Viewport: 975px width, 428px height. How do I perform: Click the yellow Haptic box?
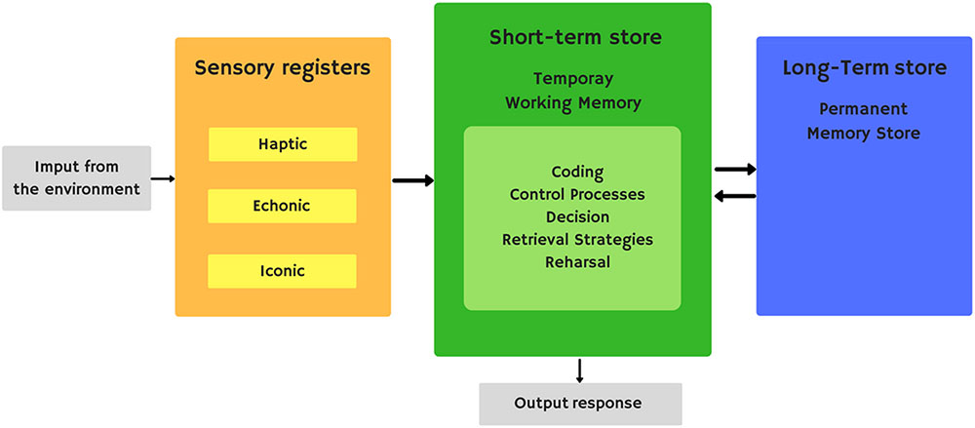(x=283, y=144)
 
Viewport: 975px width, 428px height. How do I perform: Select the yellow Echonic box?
(x=283, y=206)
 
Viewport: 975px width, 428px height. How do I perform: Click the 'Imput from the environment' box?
(x=77, y=177)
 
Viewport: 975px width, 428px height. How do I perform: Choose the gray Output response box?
(x=580, y=404)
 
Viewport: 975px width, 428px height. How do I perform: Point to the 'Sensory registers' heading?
(x=283, y=68)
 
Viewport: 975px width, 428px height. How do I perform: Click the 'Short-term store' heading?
(x=575, y=38)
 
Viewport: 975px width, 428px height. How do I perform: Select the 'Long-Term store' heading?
(x=864, y=68)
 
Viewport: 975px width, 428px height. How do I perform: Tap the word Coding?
(x=577, y=173)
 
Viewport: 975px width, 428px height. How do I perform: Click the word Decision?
(x=577, y=216)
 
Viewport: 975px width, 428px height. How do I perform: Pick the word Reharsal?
(x=577, y=261)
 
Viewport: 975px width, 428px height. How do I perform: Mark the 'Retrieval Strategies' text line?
(x=577, y=239)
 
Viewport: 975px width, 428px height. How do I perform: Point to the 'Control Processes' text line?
(x=577, y=194)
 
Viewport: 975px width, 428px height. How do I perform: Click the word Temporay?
(x=573, y=78)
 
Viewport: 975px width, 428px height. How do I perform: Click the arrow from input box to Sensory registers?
(x=164, y=178)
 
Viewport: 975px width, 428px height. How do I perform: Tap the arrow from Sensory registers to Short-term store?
(x=412, y=180)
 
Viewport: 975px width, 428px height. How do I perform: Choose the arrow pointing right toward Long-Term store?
(x=735, y=169)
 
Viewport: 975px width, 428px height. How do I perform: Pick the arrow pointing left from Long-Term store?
(x=735, y=196)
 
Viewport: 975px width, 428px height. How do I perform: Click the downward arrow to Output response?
(x=580, y=370)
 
